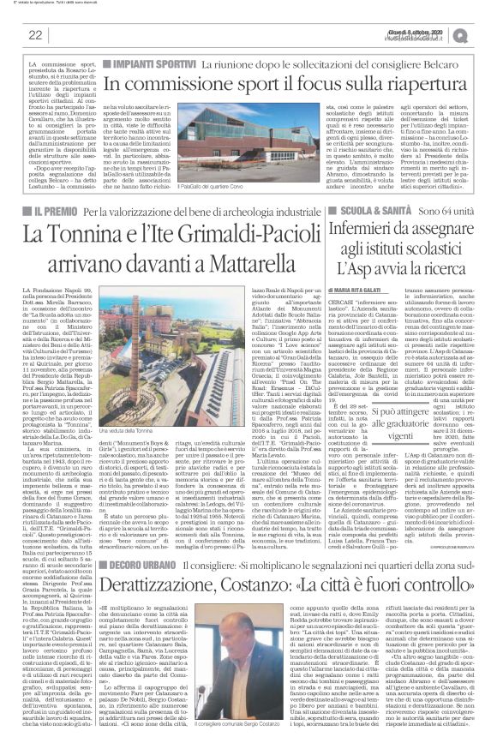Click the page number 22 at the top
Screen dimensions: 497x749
36,35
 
